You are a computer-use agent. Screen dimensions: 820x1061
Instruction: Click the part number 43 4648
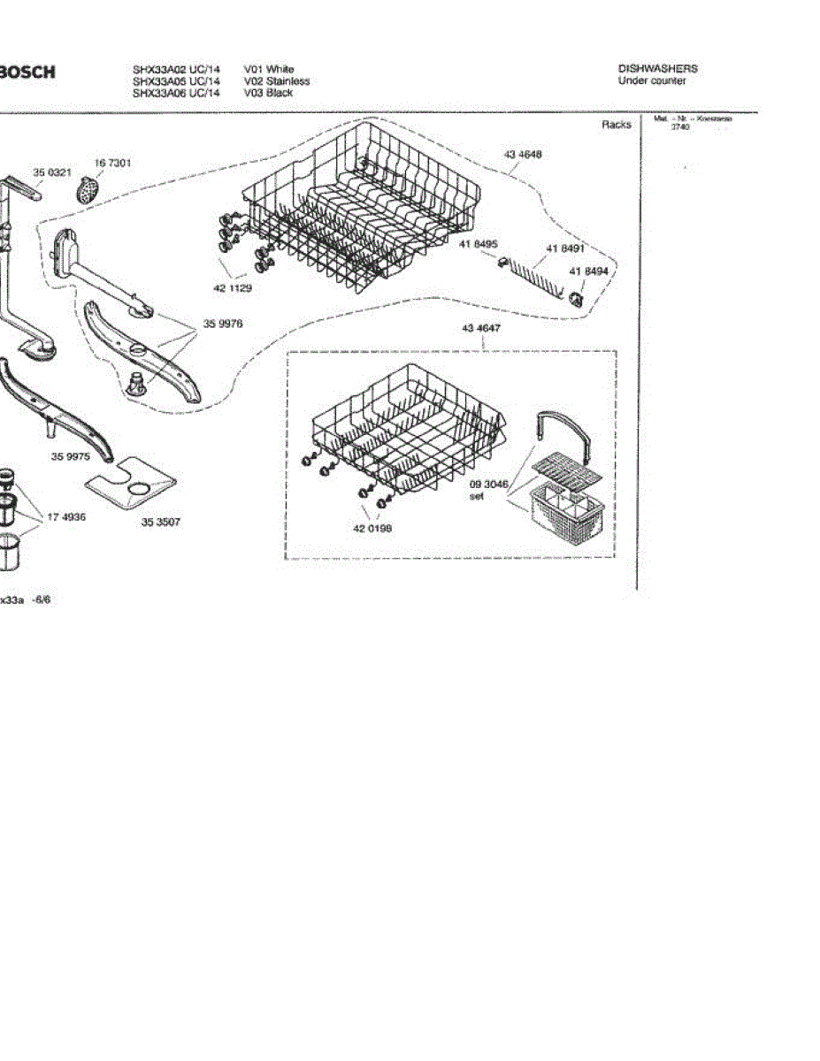point(523,155)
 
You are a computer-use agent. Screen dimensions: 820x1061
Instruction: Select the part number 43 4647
point(481,329)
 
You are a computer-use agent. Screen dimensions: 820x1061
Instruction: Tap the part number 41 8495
point(479,245)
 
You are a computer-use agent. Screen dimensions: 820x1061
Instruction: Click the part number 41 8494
point(588,271)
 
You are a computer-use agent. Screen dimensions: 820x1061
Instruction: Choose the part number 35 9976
point(223,324)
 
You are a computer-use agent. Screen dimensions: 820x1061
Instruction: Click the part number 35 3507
point(161,522)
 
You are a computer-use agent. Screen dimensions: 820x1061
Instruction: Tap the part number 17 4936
point(66,517)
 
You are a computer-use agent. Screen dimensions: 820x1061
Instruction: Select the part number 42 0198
point(372,529)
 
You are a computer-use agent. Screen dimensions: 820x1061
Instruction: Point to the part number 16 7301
point(113,164)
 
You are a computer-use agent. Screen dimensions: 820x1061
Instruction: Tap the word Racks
point(617,125)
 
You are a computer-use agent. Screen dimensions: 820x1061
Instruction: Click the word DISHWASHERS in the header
point(657,69)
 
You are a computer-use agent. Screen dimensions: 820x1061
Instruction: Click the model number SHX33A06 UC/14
point(176,93)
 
